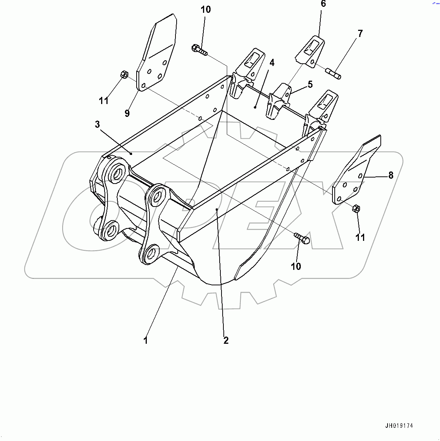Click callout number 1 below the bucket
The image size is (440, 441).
point(146,340)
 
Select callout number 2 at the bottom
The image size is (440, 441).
point(226,340)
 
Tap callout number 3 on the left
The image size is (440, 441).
point(97,124)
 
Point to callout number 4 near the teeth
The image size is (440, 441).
point(272,63)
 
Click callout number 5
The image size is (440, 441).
point(310,84)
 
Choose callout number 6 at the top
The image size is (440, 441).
point(323,4)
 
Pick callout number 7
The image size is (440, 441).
point(360,34)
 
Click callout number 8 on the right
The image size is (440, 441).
point(391,175)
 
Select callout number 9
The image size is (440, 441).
point(127,113)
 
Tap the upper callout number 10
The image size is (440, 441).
point(206,9)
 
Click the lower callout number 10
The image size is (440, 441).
point(296,266)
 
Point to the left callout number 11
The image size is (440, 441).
point(104,101)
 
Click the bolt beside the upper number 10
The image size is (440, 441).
point(199,50)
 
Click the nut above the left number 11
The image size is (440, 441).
point(124,74)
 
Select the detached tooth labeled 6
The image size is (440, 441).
point(310,52)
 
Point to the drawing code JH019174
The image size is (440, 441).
point(399,426)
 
